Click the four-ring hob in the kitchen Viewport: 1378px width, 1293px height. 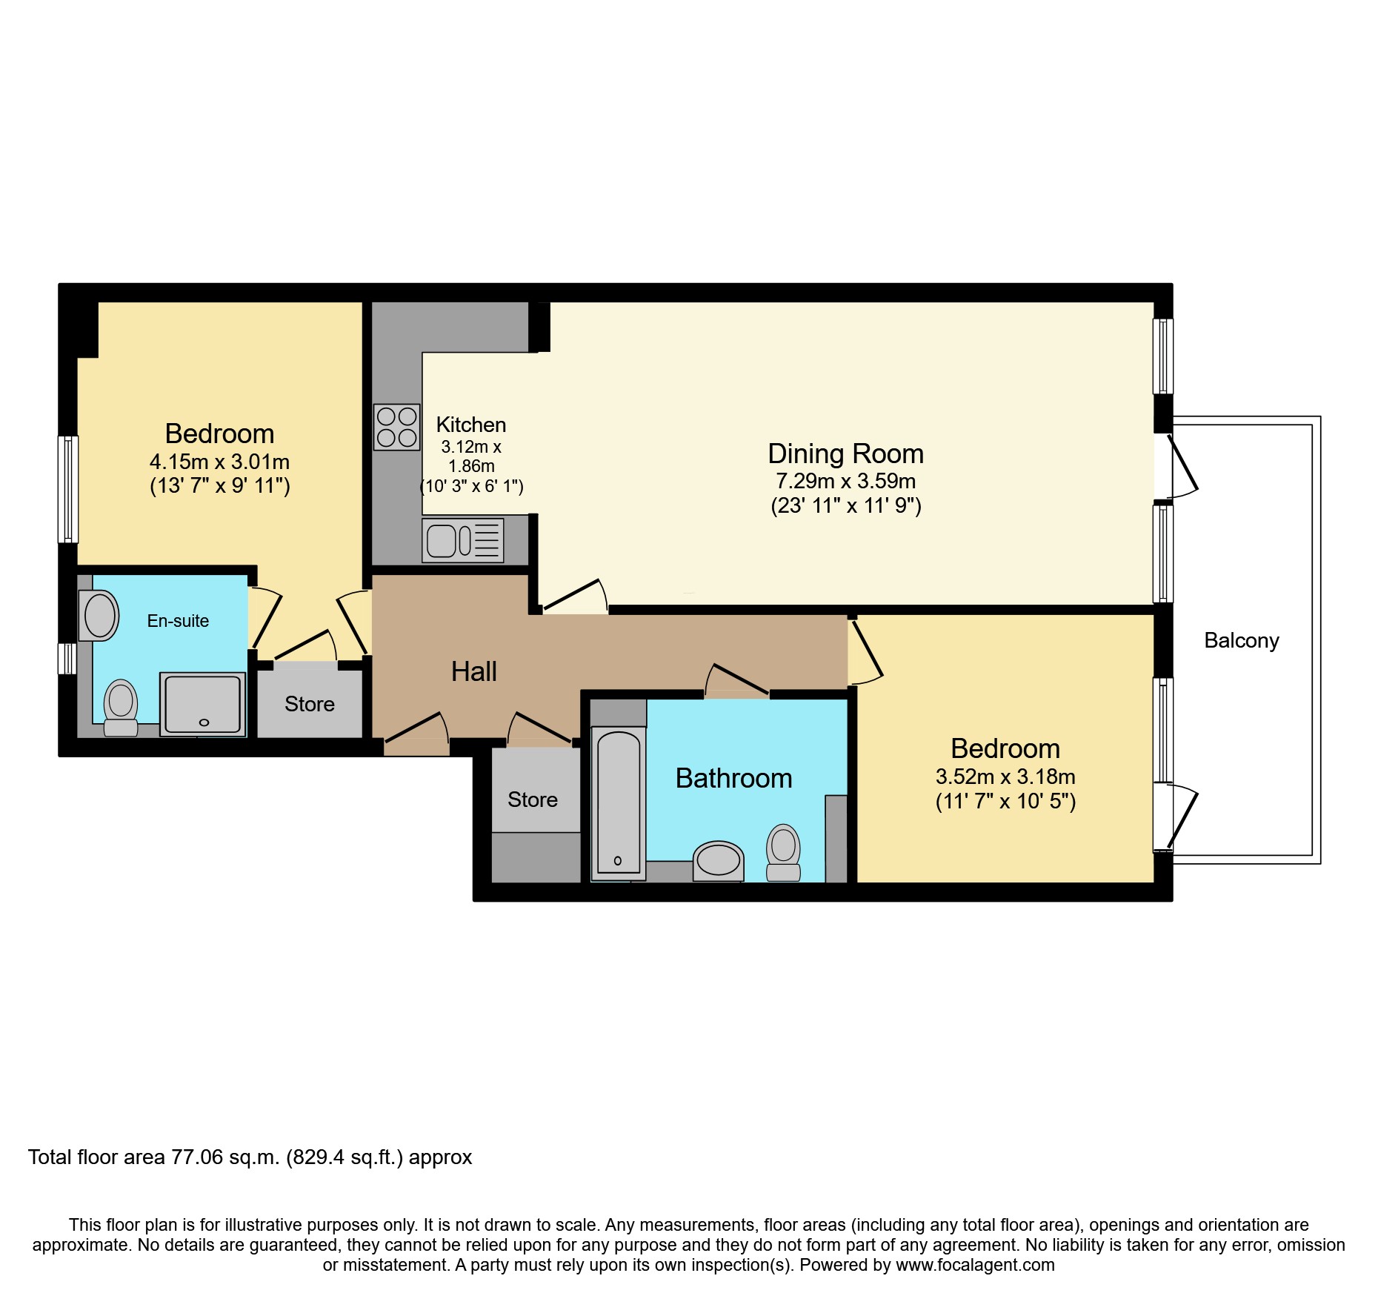[397, 427]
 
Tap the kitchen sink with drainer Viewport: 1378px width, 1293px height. [463, 540]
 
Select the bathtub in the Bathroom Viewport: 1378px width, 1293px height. [619, 804]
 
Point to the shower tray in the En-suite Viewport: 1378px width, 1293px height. [203, 704]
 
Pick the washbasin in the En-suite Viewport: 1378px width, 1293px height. [99, 615]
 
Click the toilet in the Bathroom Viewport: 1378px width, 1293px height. [783, 852]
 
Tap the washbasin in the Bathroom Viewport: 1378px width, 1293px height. [718, 861]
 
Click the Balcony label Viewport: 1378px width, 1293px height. [1242, 641]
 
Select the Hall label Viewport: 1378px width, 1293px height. [474, 671]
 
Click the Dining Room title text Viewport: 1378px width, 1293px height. [846, 453]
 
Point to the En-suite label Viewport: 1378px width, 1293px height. [178, 621]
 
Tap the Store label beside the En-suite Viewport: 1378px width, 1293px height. [310, 704]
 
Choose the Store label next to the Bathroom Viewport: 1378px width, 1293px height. [533, 800]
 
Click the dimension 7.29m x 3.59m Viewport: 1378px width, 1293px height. [846, 481]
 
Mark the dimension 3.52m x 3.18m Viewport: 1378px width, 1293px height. [1005, 777]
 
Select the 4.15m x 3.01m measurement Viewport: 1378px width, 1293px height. [220, 462]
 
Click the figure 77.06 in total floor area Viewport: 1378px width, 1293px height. [197, 1157]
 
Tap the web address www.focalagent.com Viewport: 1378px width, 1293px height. [976, 1265]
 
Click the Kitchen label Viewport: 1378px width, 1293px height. [471, 425]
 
